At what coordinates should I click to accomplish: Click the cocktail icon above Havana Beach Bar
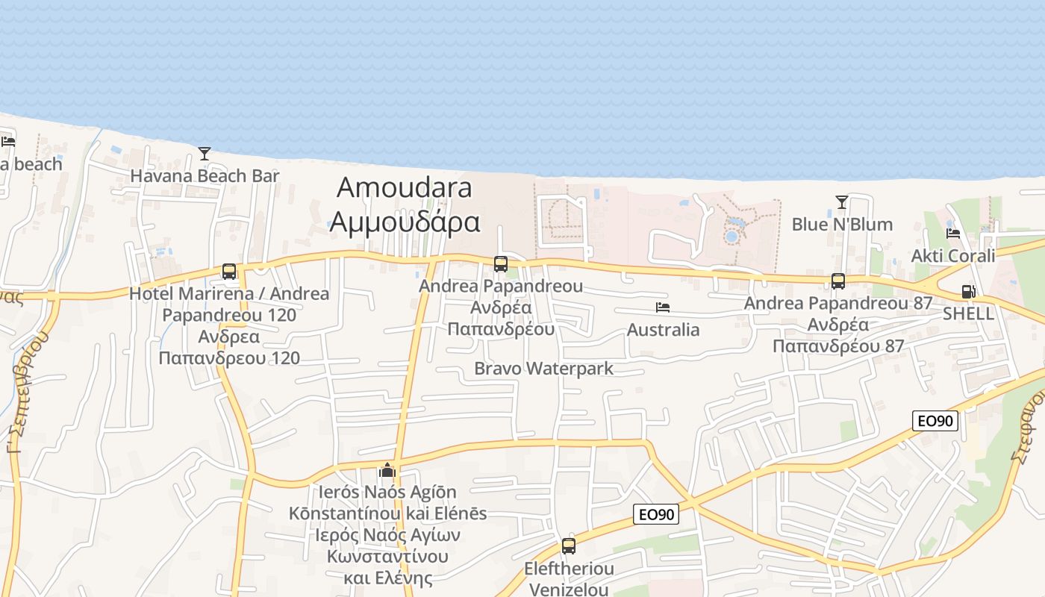tap(205, 154)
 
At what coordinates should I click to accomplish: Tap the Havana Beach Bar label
tap(205, 176)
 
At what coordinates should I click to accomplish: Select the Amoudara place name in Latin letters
tap(404, 187)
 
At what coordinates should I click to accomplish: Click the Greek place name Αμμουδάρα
tap(404, 222)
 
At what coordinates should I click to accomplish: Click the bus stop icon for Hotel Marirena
tap(229, 272)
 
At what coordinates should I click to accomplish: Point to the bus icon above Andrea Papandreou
tap(501, 264)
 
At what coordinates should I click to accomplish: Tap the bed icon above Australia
tap(663, 307)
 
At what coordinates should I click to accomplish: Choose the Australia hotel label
tap(663, 330)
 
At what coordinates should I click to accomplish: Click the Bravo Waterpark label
tap(543, 369)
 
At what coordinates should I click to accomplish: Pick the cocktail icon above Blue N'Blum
tap(842, 202)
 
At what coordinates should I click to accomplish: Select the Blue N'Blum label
tap(842, 225)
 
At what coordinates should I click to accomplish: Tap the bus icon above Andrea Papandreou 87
tap(838, 281)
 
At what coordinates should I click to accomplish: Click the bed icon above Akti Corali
tap(953, 234)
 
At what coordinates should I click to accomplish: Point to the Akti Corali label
tap(953, 256)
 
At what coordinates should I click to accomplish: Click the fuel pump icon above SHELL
tap(968, 292)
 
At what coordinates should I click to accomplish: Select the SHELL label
tap(968, 313)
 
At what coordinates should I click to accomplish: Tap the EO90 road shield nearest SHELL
tap(935, 421)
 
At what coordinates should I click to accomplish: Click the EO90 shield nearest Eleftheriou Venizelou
tap(656, 514)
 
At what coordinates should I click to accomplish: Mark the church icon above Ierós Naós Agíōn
tap(387, 470)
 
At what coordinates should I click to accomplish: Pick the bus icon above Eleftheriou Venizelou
tap(569, 546)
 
